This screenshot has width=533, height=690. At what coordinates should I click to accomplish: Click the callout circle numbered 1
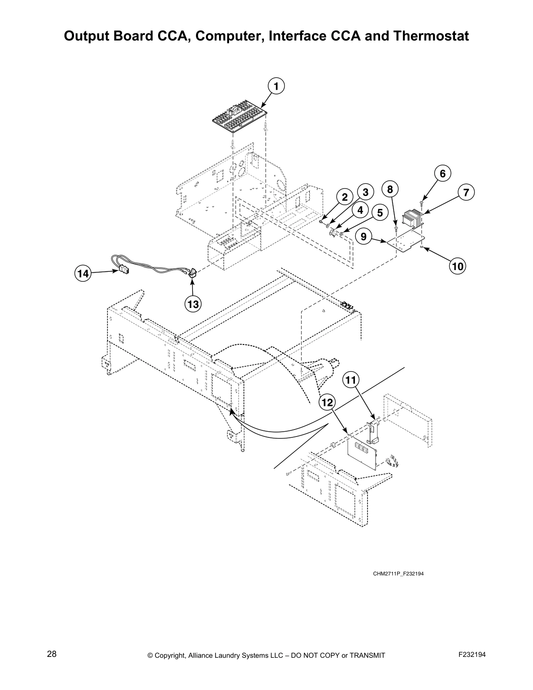[x=276, y=86]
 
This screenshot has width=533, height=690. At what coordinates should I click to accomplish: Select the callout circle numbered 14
[x=83, y=274]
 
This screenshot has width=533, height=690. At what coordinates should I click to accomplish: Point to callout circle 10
[x=458, y=265]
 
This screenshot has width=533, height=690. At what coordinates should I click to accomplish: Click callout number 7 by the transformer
[x=466, y=192]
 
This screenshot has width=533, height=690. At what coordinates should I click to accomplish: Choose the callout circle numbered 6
[x=442, y=173]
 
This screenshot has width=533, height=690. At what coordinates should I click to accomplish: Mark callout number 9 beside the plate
[x=364, y=237]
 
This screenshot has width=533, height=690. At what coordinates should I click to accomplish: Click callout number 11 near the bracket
[x=351, y=380]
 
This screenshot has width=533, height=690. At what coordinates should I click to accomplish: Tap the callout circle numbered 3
[x=365, y=192]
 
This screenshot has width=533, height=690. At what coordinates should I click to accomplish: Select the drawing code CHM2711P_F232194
[x=398, y=573]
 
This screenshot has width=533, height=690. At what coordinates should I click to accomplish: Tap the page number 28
[x=51, y=654]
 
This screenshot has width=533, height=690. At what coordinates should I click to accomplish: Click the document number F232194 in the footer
[x=472, y=654]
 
